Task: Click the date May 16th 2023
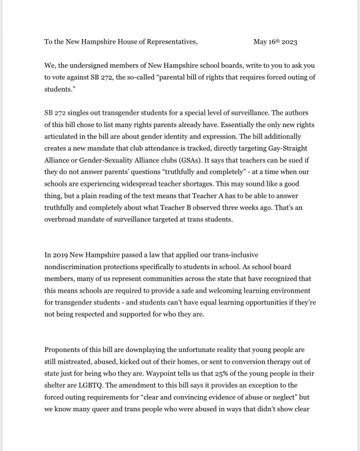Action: coord(275,41)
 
